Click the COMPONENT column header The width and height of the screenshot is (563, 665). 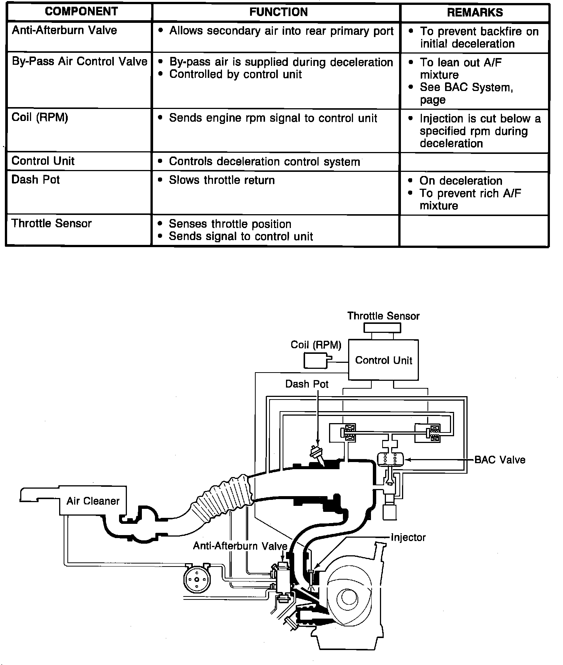pos(81,12)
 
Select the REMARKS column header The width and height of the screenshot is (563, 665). pos(475,12)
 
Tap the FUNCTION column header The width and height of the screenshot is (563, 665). pos(278,12)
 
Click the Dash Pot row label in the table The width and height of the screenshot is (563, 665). pos(36,180)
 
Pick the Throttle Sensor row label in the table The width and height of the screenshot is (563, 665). pos(52,224)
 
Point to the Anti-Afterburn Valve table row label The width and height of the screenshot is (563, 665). pos(64,30)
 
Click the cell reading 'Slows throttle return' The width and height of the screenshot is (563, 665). pos(222,180)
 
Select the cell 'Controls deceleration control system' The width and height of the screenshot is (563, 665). pos(264,161)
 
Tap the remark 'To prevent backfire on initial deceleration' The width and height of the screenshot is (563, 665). pos(479,37)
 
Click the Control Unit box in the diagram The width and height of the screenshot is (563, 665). pos(383,360)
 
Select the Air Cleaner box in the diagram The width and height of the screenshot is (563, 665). pos(92,501)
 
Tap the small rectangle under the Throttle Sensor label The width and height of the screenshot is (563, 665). pos(383,328)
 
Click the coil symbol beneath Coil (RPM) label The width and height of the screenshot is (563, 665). pos(317,361)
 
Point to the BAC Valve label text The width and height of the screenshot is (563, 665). pos(500,460)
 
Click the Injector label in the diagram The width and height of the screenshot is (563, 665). pos(408,538)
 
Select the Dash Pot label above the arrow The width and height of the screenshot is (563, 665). pos(307,384)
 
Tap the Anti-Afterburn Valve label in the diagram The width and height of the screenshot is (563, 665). pos(240,546)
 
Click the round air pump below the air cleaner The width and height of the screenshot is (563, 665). pos(196,580)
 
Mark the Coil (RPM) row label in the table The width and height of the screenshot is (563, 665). pos(40,118)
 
